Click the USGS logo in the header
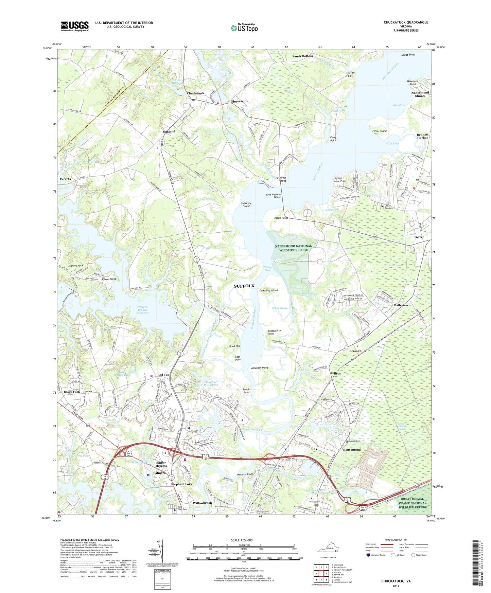click(x=75, y=26)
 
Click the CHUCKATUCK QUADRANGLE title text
click(x=406, y=22)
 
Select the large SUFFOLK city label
click(x=244, y=286)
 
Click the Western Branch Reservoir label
click(x=142, y=310)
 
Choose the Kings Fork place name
click(x=72, y=392)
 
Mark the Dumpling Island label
click(x=268, y=290)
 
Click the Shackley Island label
click(x=246, y=204)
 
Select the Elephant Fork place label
click(x=181, y=484)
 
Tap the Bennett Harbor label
click(x=422, y=136)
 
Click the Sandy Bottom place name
click(x=302, y=56)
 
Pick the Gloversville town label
click(x=239, y=101)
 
